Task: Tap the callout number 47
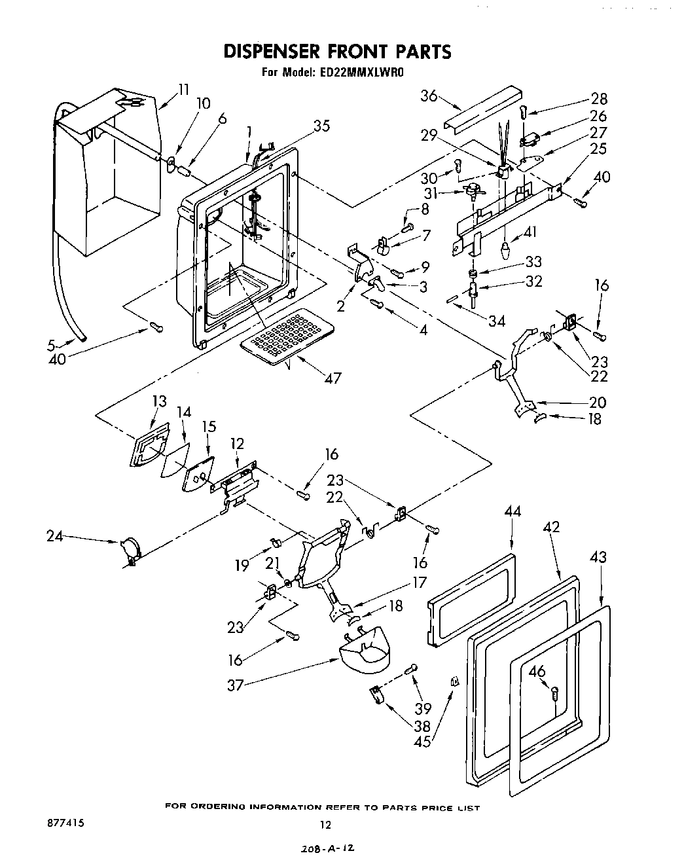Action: click(x=333, y=378)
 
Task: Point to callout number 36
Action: click(x=429, y=96)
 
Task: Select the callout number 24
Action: click(x=55, y=536)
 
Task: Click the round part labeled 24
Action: click(x=130, y=549)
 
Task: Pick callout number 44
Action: click(x=513, y=512)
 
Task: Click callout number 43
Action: click(x=598, y=557)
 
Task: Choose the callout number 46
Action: click(x=537, y=671)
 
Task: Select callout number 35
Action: click(x=321, y=127)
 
